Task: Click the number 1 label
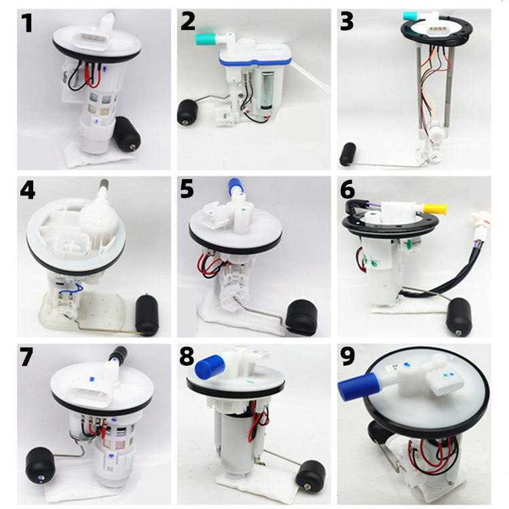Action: pyautogui.click(x=27, y=24)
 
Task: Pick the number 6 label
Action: pyautogui.click(x=348, y=191)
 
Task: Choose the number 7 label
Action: pyautogui.click(x=26, y=357)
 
